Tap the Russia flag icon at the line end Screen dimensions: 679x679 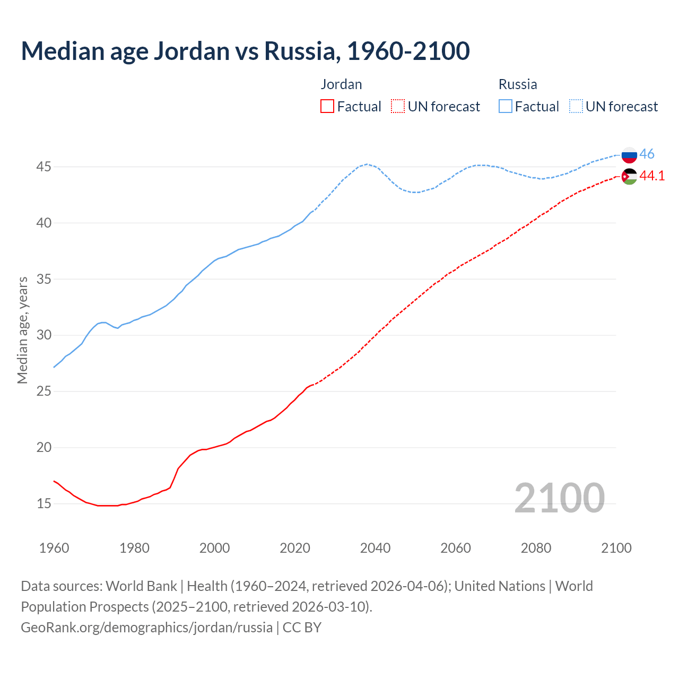point(629,155)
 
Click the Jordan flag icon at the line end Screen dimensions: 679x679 point(629,176)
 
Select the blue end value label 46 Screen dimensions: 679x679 point(647,154)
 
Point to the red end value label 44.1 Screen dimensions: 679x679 point(652,176)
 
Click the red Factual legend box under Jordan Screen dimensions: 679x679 point(327,107)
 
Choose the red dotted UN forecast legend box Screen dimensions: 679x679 point(398,107)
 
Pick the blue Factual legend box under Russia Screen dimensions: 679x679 point(506,107)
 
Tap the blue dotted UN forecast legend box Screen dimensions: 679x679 point(576,107)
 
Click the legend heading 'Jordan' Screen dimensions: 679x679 point(341,84)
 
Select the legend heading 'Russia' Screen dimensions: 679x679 point(518,84)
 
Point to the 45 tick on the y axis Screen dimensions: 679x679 point(43,167)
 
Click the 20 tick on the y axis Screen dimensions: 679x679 point(43,448)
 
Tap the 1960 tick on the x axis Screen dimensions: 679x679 point(54,548)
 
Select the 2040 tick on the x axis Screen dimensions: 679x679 point(375,548)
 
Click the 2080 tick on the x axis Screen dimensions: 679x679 point(536,548)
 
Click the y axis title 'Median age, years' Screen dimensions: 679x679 point(22,330)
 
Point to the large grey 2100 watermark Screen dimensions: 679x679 point(559,498)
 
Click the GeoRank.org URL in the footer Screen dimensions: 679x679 point(146,628)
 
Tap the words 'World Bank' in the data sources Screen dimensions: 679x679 point(141,586)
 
